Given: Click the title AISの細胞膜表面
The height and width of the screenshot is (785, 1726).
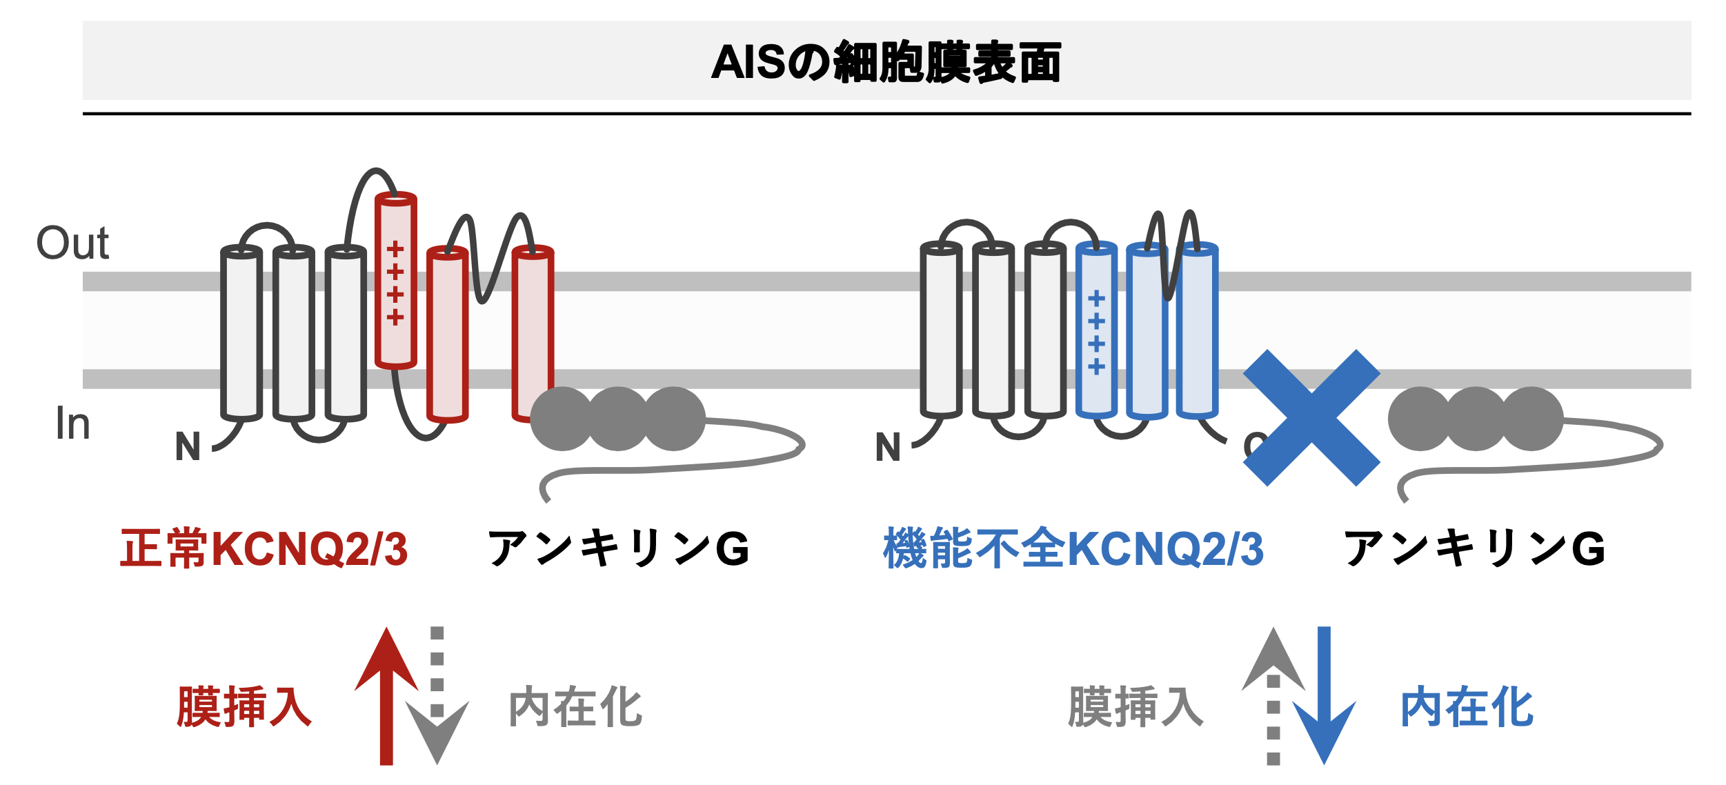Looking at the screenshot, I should point(886,62).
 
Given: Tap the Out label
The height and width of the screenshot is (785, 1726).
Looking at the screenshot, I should point(72,244).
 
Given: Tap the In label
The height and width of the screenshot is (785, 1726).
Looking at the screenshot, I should point(72,423).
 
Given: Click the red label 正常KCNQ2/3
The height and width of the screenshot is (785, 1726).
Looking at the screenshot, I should point(264,549).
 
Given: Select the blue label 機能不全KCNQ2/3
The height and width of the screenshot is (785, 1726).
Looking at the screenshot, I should point(1073,549).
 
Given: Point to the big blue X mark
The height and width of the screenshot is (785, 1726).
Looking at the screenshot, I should point(1311,417).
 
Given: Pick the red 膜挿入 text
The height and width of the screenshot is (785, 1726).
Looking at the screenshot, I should point(245,707).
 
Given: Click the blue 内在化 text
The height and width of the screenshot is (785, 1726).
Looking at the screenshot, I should point(1467,707).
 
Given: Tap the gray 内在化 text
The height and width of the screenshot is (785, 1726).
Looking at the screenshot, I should point(575,707).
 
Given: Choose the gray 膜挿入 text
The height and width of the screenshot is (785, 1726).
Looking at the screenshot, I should point(1135,707).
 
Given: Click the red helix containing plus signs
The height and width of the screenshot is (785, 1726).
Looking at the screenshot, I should point(396,280).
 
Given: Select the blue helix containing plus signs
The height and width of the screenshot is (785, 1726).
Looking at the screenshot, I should point(1096,330).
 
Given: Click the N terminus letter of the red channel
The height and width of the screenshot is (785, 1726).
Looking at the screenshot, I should point(188,447).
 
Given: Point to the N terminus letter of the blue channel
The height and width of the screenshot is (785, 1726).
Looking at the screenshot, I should point(888,447).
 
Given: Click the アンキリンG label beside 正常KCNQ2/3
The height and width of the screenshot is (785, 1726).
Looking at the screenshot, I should point(618,549).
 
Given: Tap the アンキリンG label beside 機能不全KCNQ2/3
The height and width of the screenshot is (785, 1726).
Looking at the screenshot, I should point(1475,549).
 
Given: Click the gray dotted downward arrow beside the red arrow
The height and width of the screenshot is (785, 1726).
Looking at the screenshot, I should point(437,697).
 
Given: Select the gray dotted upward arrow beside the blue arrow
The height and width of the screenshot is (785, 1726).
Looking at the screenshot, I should point(1273,697).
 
